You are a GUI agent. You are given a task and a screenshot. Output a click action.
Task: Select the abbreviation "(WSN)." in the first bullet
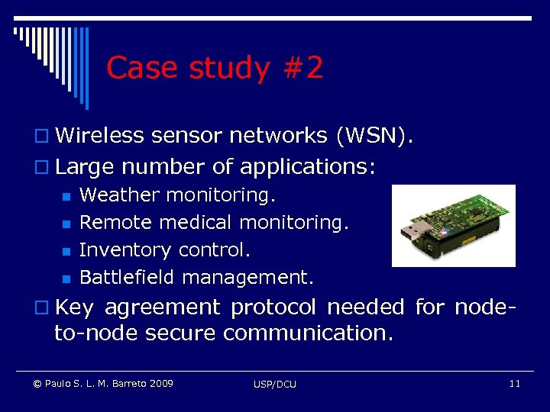tap(375, 136)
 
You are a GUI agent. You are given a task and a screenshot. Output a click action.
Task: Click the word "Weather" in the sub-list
tap(120, 195)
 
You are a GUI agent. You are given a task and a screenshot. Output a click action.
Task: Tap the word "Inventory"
tap(125, 250)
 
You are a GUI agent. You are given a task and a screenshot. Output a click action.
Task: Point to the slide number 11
tap(514, 383)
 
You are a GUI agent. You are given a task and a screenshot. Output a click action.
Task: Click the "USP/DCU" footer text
tap(275, 384)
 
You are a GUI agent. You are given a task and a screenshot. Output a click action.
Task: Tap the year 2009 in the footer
tap(160, 383)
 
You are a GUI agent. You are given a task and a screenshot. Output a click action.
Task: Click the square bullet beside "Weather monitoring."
tap(66, 197)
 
